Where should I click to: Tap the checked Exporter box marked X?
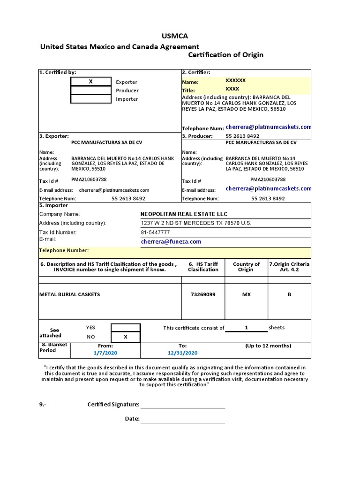90,82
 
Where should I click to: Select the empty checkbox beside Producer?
90,90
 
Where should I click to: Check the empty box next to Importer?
90,99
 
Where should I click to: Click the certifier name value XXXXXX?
235,81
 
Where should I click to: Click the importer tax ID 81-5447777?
155,232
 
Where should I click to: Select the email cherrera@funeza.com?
171,241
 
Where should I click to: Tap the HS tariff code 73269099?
203,294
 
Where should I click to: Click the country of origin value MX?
246,294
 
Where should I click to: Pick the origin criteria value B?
289,294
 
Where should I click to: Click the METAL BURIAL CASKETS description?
69,294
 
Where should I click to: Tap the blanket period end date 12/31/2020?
182,352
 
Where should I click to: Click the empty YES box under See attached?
125,328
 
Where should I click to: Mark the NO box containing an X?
125,337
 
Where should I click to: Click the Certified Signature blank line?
183,405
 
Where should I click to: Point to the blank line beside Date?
183,419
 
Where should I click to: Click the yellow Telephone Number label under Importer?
64,251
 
